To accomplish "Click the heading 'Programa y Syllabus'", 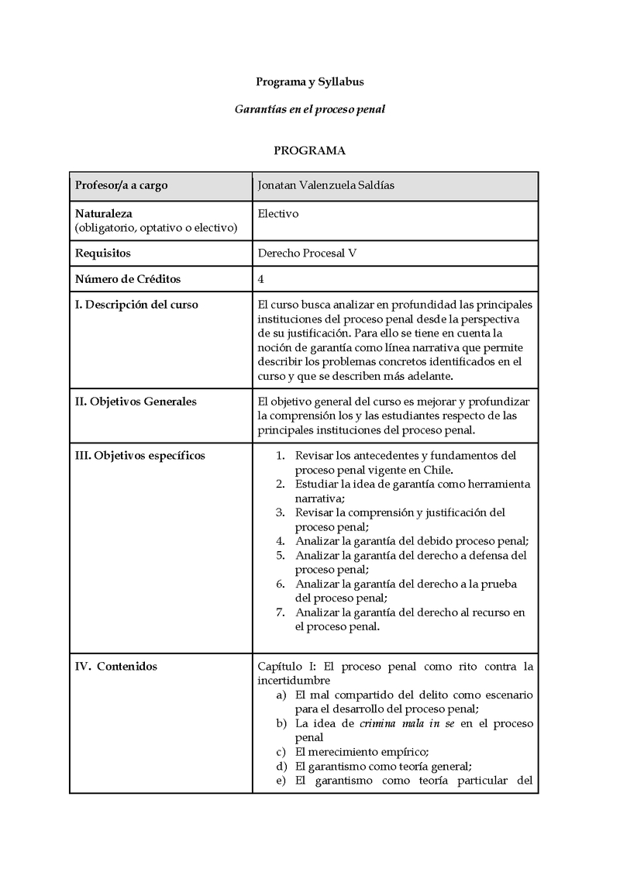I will (309, 81).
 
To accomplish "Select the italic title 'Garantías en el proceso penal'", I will (309, 109).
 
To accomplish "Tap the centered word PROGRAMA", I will (309, 150).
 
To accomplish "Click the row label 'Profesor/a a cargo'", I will (121, 186).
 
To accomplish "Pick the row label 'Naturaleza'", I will (104, 213).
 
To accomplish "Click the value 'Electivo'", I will (277, 213).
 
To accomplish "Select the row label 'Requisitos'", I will (102, 253).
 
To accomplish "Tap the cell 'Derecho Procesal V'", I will (306, 253).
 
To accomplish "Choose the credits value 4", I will (260, 279).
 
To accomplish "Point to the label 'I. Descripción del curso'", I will (136, 305).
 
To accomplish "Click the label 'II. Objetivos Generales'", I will (136, 401).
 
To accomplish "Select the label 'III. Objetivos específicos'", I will (139, 455).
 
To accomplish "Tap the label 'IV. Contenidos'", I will (115, 666).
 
